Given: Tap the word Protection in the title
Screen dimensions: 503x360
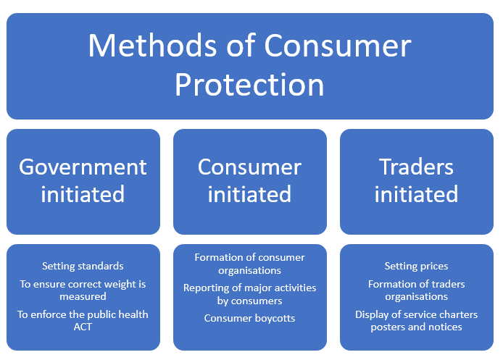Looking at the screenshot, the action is tap(249, 85).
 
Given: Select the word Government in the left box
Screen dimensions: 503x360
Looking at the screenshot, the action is tap(83, 167).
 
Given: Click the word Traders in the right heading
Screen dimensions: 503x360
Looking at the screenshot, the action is tap(416, 167).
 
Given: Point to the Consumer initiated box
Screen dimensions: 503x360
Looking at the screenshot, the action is tap(250, 181).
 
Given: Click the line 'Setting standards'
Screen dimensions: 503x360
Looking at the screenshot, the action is tap(83, 266).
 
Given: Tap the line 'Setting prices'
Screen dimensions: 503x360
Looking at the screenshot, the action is tap(416, 266).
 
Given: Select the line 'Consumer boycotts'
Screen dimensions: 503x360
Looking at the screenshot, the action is tap(249, 318).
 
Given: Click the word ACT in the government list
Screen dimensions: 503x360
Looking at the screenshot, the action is tap(83, 327).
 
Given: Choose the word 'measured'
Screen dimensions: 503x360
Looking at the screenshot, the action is tap(83, 296).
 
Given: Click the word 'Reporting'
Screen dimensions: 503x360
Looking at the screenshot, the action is tap(206, 288).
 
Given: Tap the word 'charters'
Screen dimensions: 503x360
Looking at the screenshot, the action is tap(458, 314).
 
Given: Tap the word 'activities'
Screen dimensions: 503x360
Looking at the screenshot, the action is tap(295, 288).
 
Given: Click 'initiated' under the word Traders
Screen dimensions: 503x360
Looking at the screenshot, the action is tap(416, 194).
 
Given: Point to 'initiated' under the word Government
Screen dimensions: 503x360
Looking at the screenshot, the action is tap(83, 194).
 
